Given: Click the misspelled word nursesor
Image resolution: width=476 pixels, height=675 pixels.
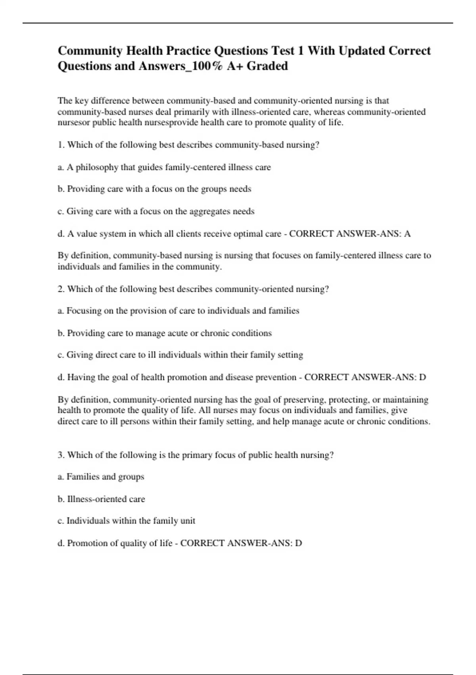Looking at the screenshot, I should pos(74,123).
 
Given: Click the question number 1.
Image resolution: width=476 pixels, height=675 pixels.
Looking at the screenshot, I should pos(60,145).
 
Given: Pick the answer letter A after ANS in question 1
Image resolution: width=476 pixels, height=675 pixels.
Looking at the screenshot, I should pos(407,234).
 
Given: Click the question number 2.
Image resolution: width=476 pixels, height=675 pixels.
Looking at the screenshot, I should pos(61,289).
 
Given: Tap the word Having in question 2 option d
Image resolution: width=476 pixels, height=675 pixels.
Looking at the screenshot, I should pos(81,377).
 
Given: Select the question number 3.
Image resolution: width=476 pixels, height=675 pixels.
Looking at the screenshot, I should pos(61,455).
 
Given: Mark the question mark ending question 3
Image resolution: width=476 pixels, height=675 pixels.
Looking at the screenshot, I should pos(332,455).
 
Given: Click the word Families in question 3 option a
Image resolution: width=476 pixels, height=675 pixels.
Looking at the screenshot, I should pos(83,477).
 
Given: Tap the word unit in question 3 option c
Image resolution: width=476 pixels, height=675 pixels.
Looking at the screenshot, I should pos(188,521).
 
